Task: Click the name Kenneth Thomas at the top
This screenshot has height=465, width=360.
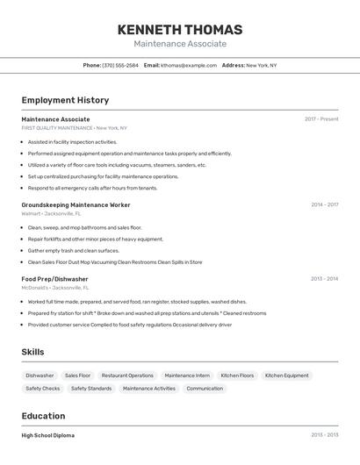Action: (x=180, y=30)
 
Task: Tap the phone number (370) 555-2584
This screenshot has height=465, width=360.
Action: (x=120, y=65)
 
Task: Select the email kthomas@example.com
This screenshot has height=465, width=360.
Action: (x=189, y=65)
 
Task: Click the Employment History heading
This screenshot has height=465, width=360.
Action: (x=65, y=100)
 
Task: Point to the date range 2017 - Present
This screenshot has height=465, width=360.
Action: (x=321, y=119)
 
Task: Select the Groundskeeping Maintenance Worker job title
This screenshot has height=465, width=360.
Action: (x=76, y=204)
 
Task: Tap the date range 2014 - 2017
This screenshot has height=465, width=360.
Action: (x=324, y=204)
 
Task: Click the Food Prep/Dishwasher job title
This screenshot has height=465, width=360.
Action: (x=54, y=279)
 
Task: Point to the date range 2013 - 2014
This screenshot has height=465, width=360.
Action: (x=324, y=279)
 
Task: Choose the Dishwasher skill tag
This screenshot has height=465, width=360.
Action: (x=40, y=376)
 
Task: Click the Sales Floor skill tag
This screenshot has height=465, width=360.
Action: (x=77, y=376)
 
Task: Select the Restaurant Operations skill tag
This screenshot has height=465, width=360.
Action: (x=127, y=376)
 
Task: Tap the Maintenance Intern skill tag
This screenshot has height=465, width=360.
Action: (x=187, y=376)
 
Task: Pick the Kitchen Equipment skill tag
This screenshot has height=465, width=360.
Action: (x=286, y=376)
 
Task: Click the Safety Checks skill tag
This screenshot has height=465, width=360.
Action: (x=43, y=388)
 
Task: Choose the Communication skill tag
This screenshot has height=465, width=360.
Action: (x=205, y=388)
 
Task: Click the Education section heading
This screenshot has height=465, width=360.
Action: (x=43, y=416)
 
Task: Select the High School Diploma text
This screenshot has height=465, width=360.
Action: (x=48, y=435)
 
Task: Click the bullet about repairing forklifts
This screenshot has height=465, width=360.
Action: (x=95, y=239)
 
